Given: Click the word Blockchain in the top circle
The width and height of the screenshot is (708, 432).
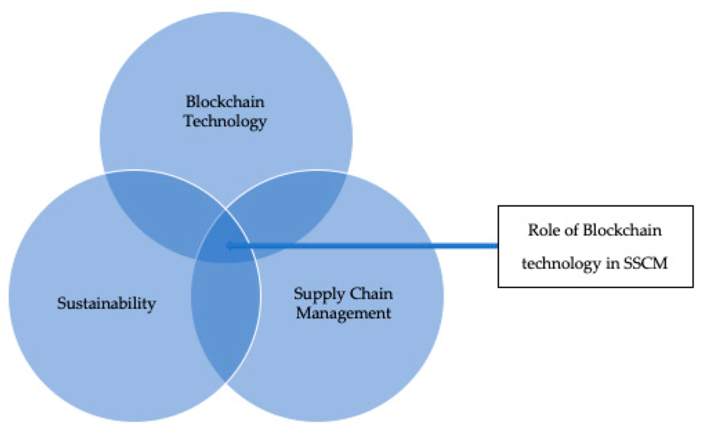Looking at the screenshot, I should pyautogui.click(x=225, y=102).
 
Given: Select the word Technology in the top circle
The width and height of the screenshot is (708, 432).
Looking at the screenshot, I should pyautogui.click(x=225, y=122).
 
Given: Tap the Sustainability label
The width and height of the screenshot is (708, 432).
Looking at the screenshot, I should pyautogui.click(x=106, y=303).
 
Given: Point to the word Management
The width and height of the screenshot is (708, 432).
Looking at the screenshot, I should pyautogui.click(x=343, y=313).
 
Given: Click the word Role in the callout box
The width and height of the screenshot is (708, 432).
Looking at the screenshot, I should pyautogui.click(x=543, y=231).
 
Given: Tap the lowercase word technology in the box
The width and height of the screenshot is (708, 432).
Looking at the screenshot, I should pyautogui.click(x=557, y=263).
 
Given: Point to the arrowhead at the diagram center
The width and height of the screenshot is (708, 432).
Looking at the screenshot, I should pyautogui.click(x=230, y=245).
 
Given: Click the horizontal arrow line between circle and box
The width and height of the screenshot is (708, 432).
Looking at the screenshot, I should pyautogui.click(x=366, y=245).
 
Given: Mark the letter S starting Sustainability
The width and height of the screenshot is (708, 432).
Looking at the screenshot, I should pyautogui.click(x=61, y=303).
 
